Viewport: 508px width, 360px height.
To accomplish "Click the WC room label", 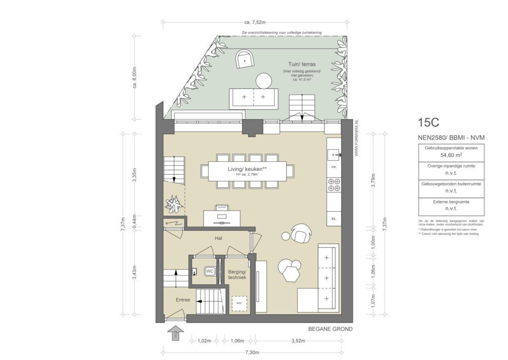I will pos(210,271).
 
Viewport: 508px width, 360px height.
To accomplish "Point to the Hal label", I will pos(218,238).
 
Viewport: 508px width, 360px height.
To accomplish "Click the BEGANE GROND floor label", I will pos(330,329).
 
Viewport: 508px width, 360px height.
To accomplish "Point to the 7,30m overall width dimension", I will pos(253,352).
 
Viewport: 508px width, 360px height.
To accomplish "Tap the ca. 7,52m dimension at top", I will pos(255,22).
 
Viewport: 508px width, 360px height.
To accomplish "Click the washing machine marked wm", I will pos(239,303).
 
